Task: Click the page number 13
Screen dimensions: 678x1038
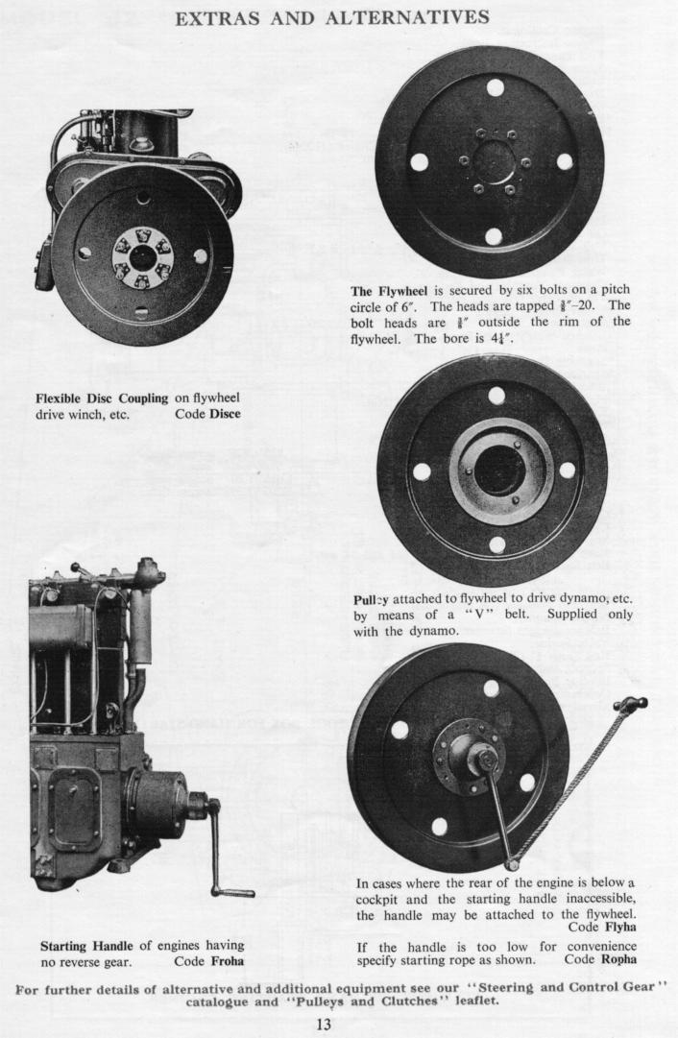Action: coord(323,1024)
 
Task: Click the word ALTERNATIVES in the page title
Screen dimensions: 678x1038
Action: coord(407,17)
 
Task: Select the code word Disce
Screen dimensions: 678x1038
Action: coord(225,414)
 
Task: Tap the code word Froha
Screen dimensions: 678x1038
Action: coord(227,961)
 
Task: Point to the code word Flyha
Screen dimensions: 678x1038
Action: coord(620,927)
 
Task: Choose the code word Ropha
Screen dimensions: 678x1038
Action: coord(618,959)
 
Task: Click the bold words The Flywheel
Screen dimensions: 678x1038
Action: coord(389,291)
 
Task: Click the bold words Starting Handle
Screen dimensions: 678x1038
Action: coord(86,945)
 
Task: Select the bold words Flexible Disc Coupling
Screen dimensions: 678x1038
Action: coord(102,398)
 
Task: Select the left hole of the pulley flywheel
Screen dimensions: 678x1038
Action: coord(422,471)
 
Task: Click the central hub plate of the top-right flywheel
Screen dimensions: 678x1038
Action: coord(494,161)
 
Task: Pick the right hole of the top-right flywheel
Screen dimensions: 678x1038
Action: coord(564,161)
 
